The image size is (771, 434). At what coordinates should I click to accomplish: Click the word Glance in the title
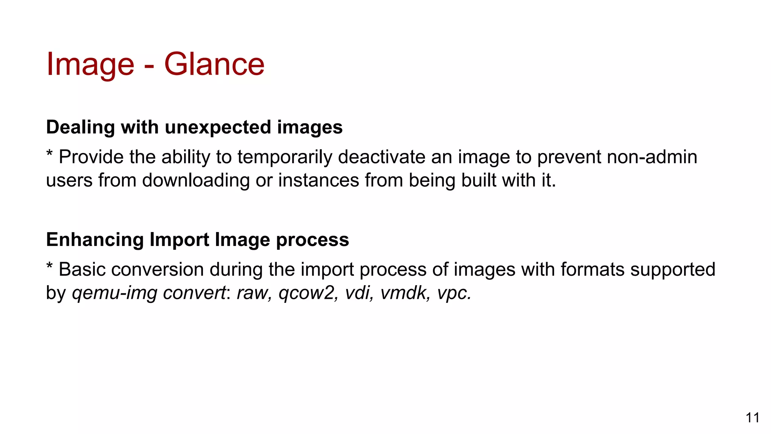[214, 64]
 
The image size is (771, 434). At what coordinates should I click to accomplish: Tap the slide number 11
[752, 418]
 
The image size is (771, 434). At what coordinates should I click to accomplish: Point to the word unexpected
[218, 127]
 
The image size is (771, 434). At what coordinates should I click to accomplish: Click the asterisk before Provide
[49, 154]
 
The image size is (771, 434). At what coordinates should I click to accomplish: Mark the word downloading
[196, 180]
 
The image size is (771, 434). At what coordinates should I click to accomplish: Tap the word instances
[318, 180]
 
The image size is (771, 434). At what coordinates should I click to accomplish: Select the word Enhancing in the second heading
[95, 240]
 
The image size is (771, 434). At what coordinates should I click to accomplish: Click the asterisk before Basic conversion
[49, 266]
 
